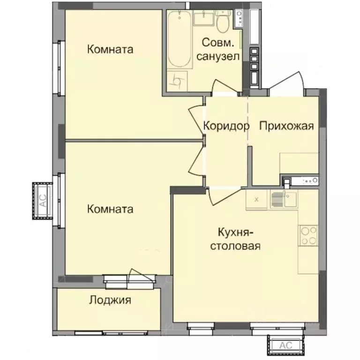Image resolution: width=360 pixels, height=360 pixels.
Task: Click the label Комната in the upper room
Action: pyautogui.click(x=110, y=49)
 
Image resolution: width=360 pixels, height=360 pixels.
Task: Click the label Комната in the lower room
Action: pyautogui.click(x=110, y=209)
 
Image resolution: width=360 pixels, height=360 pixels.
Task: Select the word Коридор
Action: pyautogui.click(x=225, y=126)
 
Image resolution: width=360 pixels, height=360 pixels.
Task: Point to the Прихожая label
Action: pyautogui.click(x=285, y=126)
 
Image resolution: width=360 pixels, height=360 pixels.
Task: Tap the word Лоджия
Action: pyautogui.click(x=110, y=300)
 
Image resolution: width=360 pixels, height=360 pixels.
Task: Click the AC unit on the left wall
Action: pyautogui.click(x=43, y=201)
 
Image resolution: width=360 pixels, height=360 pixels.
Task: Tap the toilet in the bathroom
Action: pyautogui.click(x=223, y=21)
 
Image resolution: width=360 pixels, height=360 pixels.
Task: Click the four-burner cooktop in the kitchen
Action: pyautogui.click(x=308, y=235)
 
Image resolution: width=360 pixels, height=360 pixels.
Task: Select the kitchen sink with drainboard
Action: pyautogui.click(x=283, y=199)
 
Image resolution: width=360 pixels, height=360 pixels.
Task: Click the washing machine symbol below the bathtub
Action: pyautogui.click(x=178, y=81)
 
